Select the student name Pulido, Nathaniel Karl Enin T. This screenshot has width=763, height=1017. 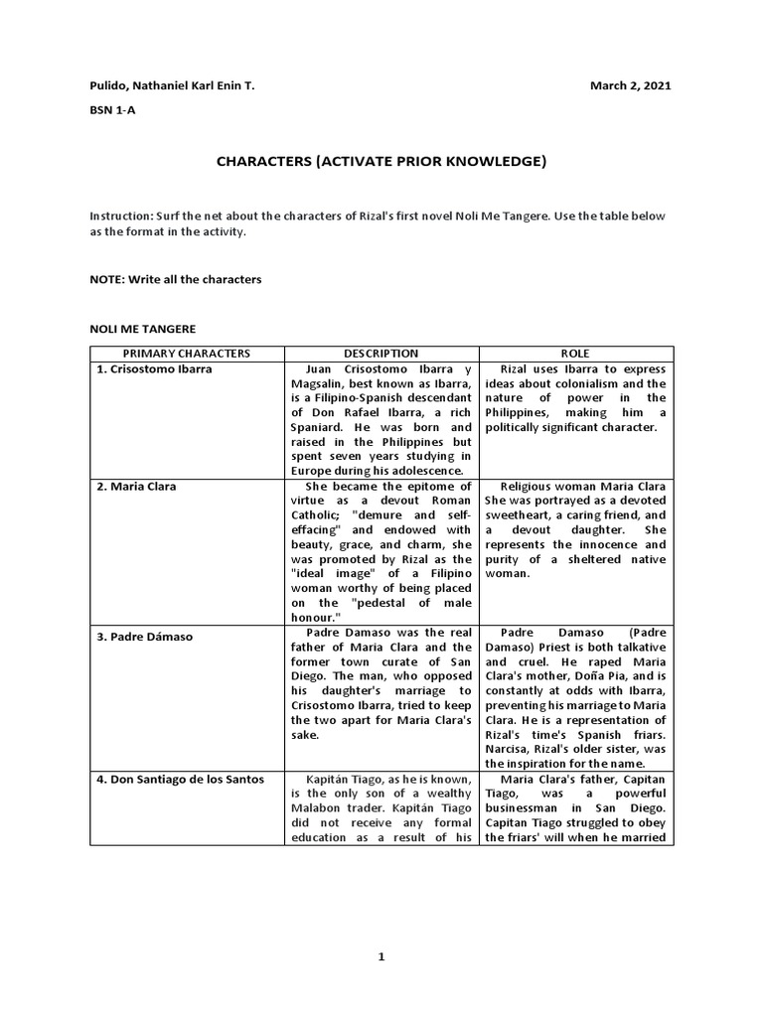point(172,86)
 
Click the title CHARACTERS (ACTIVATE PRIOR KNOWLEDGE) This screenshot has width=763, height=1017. point(381,161)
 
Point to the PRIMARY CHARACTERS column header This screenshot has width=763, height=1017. point(187,354)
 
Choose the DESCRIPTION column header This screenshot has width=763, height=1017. point(381,354)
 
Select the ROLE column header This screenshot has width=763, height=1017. point(575,354)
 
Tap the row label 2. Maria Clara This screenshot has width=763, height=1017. point(139,488)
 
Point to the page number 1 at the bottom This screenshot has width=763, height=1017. point(381,957)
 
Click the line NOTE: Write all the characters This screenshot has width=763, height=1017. point(176,279)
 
